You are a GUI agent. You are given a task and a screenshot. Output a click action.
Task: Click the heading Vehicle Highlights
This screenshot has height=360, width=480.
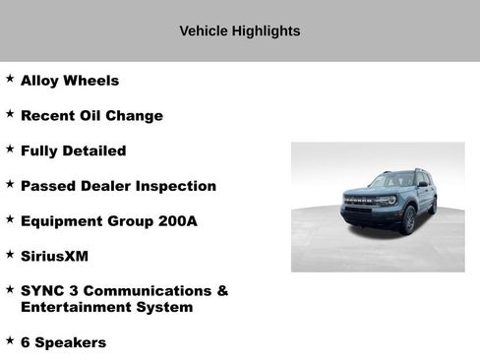(x=240, y=31)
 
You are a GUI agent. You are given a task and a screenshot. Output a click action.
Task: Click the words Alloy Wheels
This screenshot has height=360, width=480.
(x=70, y=81)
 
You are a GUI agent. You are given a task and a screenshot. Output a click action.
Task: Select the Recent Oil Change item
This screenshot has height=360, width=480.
(x=91, y=116)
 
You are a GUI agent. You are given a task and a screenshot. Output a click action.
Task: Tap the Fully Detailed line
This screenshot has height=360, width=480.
(x=73, y=151)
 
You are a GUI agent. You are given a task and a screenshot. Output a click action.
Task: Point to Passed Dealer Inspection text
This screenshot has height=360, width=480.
(x=118, y=186)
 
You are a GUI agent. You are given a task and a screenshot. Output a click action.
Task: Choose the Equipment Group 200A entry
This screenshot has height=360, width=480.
(x=108, y=221)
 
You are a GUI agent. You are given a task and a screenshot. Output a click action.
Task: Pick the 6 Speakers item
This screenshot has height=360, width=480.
(x=63, y=342)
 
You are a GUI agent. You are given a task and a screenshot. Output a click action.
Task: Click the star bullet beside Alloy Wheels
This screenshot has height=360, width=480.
(x=10, y=79)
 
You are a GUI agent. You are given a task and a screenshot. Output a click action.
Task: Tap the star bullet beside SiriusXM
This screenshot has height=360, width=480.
(x=10, y=254)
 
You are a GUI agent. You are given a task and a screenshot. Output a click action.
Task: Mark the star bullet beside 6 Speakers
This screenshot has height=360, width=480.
(x=10, y=340)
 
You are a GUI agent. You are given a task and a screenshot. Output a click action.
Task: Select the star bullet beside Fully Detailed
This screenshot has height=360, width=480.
(x=10, y=150)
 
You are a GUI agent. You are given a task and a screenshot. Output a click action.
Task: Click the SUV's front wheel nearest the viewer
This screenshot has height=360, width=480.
(x=408, y=219)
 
